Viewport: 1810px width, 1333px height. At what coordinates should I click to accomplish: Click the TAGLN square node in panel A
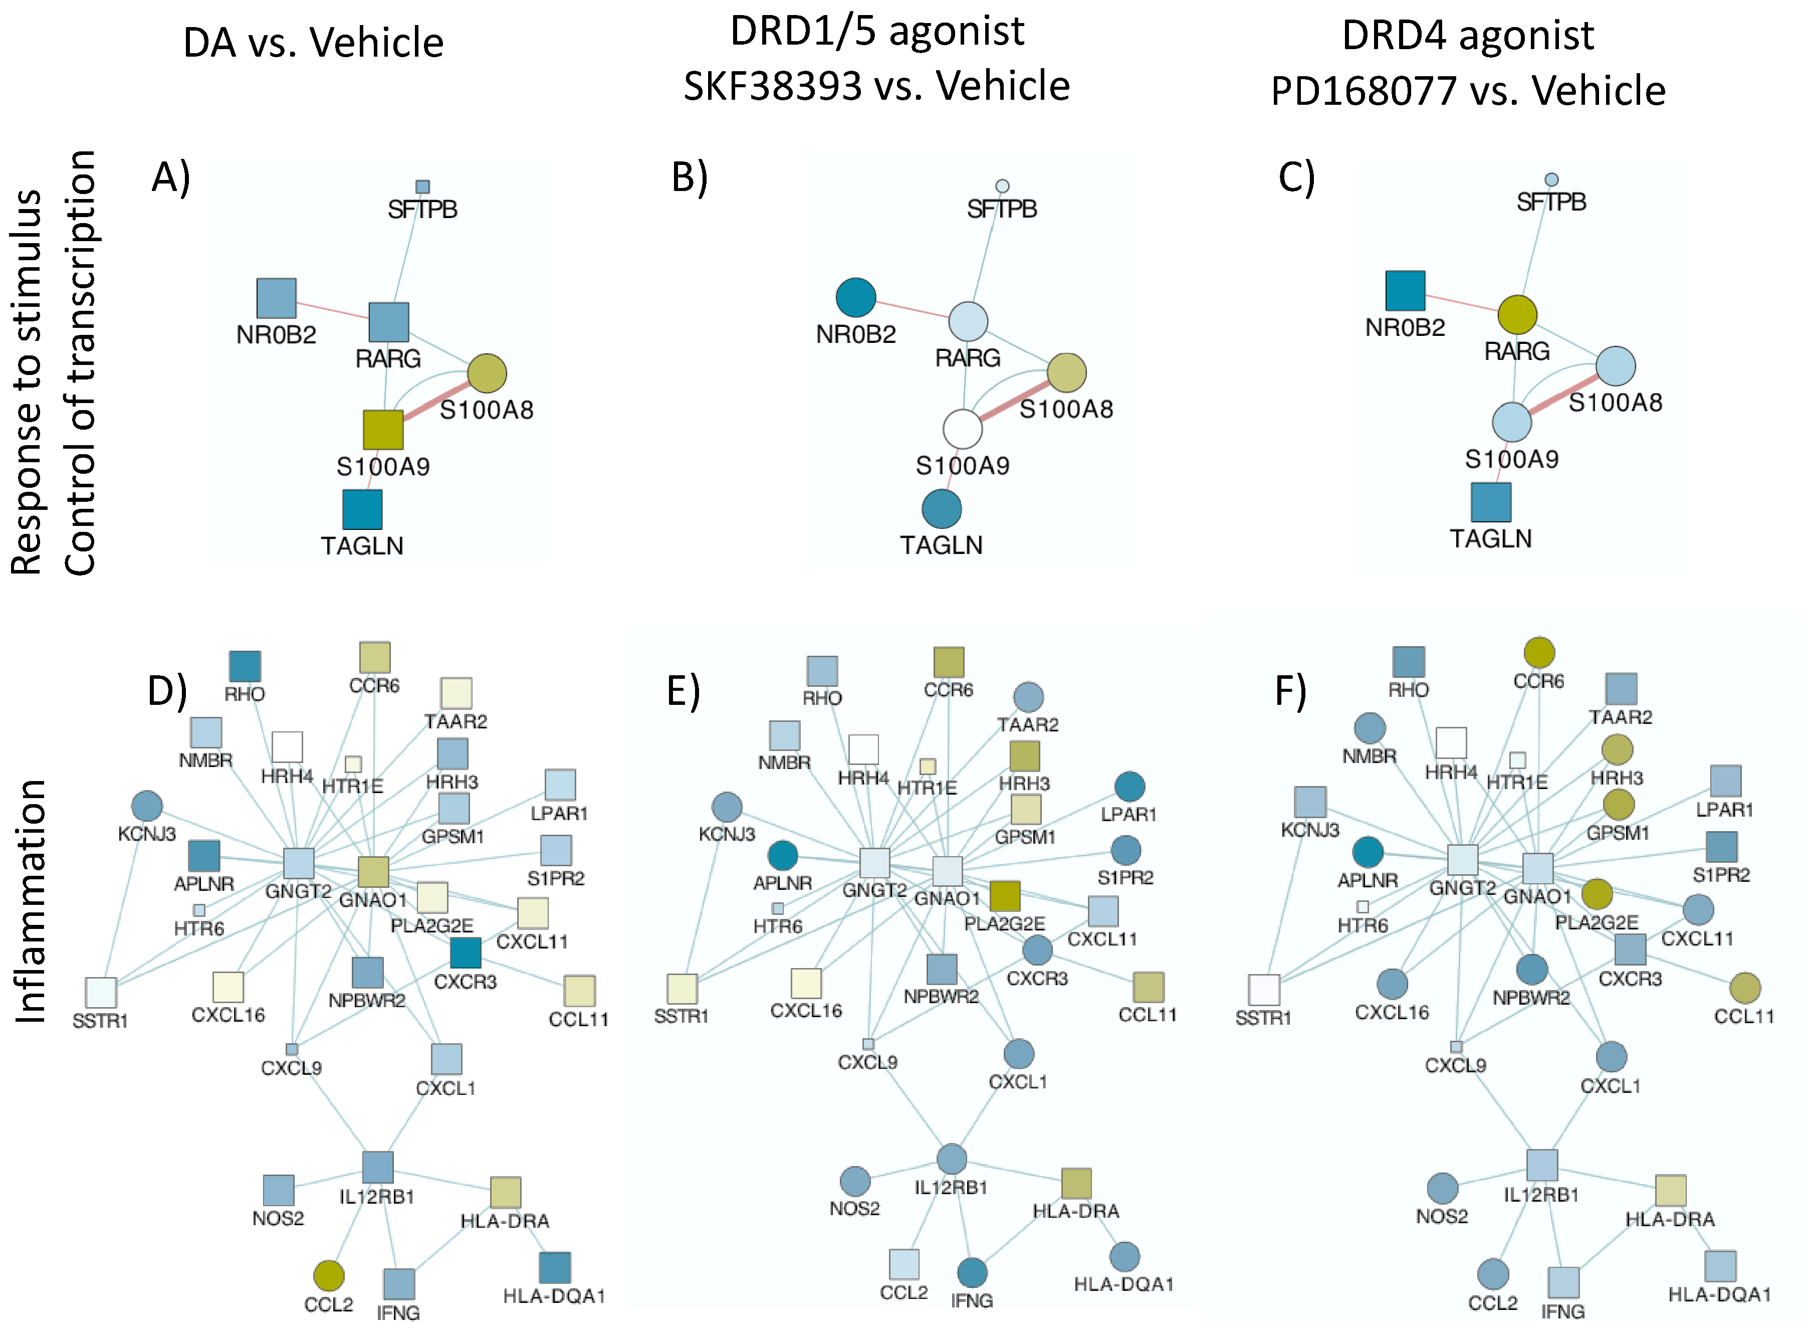(362, 509)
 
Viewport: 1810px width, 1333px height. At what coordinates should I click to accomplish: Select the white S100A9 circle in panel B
(962, 429)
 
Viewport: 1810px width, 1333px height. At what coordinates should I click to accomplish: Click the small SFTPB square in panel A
(422, 186)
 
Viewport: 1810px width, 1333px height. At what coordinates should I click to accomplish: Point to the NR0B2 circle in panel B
(856, 298)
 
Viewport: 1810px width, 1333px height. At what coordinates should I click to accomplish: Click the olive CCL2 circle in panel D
(328, 1275)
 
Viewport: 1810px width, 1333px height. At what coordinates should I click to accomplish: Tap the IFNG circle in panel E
(972, 1272)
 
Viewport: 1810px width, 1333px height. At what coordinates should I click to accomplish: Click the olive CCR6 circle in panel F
(1539, 653)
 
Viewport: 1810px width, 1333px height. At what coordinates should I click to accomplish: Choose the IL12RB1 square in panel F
(1541, 1165)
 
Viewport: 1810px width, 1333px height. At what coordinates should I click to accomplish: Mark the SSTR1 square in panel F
(1263, 989)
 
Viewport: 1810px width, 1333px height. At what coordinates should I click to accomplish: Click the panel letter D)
(168, 691)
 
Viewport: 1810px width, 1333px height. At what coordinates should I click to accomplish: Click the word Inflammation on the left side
(32, 901)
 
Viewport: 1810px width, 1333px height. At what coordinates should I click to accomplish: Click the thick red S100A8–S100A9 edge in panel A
(435, 401)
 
